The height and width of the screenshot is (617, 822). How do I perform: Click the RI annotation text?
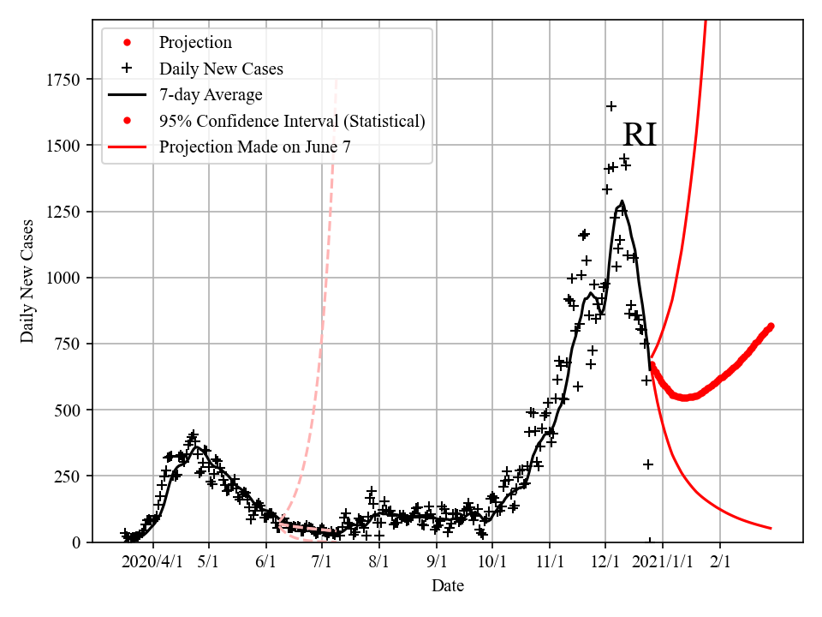(x=639, y=135)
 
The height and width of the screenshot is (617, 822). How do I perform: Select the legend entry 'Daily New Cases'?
(x=221, y=69)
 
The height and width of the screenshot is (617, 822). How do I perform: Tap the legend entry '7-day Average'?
(x=211, y=94)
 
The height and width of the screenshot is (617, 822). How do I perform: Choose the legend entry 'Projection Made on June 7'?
(x=254, y=147)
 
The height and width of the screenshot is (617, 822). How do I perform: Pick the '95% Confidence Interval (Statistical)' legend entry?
(x=292, y=121)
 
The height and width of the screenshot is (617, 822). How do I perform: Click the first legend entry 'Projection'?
(x=195, y=42)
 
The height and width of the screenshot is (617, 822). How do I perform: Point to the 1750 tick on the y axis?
(x=64, y=80)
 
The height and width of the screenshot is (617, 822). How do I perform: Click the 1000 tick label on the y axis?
(x=64, y=278)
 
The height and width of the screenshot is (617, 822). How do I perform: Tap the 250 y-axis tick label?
(x=68, y=476)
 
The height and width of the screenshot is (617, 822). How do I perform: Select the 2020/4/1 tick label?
(x=153, y=561)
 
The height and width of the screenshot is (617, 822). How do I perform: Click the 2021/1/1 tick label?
(x=662, y=561)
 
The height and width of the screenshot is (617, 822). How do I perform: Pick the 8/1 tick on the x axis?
(x=379, y=561)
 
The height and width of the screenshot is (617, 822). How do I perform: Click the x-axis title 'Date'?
(x=448, y=586)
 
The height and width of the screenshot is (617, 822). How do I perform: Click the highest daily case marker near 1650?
(x=611, y=106)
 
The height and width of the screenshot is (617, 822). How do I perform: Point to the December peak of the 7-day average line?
(x=622, y=202)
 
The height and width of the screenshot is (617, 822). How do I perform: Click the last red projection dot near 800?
(x=771, y=326)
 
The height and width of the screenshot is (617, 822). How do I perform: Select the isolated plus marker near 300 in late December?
(x=648, y=464)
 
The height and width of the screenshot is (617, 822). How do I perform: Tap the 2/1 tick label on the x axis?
(x=719, y=561)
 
